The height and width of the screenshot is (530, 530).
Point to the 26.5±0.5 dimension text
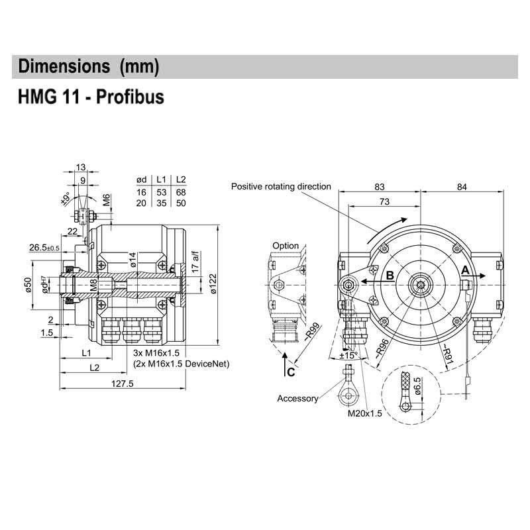click(x=44, y=248)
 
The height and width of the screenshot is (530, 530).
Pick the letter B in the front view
click(x=390, y=275)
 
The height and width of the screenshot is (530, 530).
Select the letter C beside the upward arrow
click(x=291, y=372)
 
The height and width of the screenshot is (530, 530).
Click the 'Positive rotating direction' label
click(x=281, y=187)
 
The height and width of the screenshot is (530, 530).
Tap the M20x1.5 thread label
click(x=365, y=413)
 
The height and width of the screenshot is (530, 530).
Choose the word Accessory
click(x=297, y=398)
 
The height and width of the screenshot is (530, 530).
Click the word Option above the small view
click(x=286, y=246)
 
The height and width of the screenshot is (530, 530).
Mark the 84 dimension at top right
click(x=462, y=188)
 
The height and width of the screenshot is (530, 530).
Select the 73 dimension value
click(x=384, y=201)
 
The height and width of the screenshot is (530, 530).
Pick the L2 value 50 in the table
click(x=180, y=202)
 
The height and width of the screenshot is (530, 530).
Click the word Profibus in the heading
click(x=131, y=97)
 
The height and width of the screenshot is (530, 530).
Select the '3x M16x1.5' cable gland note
click(x=156, y=354)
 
